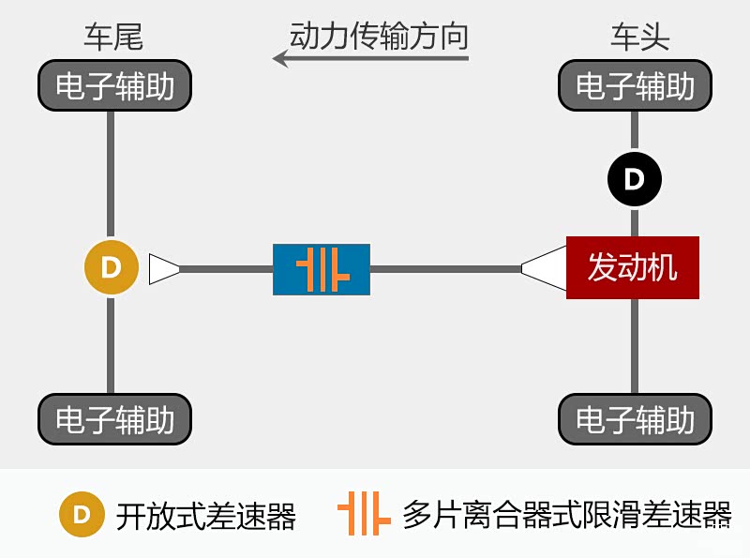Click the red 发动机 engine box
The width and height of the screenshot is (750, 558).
[633, 268]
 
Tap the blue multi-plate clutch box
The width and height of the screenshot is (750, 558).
[322, 269]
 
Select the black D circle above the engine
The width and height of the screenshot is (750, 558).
[635, 178]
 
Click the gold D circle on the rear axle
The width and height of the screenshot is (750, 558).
[112, 267]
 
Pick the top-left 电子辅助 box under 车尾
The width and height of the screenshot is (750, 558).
[114, 86]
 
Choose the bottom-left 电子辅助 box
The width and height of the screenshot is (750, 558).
[114, 418]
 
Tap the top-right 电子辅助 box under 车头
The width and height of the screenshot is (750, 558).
[635, 86]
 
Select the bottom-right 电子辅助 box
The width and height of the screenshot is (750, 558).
[635, 418]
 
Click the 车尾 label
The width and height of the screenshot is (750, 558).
[113, 38]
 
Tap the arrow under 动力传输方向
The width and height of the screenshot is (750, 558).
[370, 59]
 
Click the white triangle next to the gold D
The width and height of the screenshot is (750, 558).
[162, 268]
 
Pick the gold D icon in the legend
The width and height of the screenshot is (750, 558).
[82, 514]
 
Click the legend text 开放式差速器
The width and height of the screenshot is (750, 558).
[206, 515]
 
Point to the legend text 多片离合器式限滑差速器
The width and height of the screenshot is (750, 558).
[566, 515]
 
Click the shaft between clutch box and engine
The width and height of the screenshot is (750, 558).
[445, 269]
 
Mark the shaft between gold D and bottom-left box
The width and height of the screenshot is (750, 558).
[112, 342]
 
